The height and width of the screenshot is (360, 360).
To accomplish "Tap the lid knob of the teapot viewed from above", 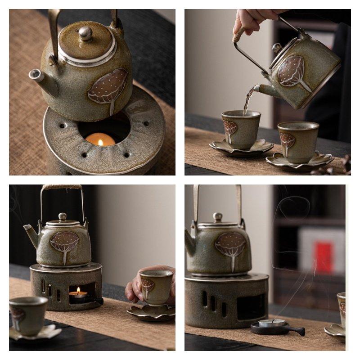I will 85,33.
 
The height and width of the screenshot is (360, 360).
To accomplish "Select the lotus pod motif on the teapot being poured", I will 292,72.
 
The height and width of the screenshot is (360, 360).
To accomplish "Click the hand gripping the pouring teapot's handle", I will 252,20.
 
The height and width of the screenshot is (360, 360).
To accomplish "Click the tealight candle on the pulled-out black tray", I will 271,323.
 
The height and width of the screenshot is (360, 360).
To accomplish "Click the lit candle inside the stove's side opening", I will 78,293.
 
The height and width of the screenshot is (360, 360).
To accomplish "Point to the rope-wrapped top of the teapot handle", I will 62,187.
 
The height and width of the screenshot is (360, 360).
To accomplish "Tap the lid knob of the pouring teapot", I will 277,47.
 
